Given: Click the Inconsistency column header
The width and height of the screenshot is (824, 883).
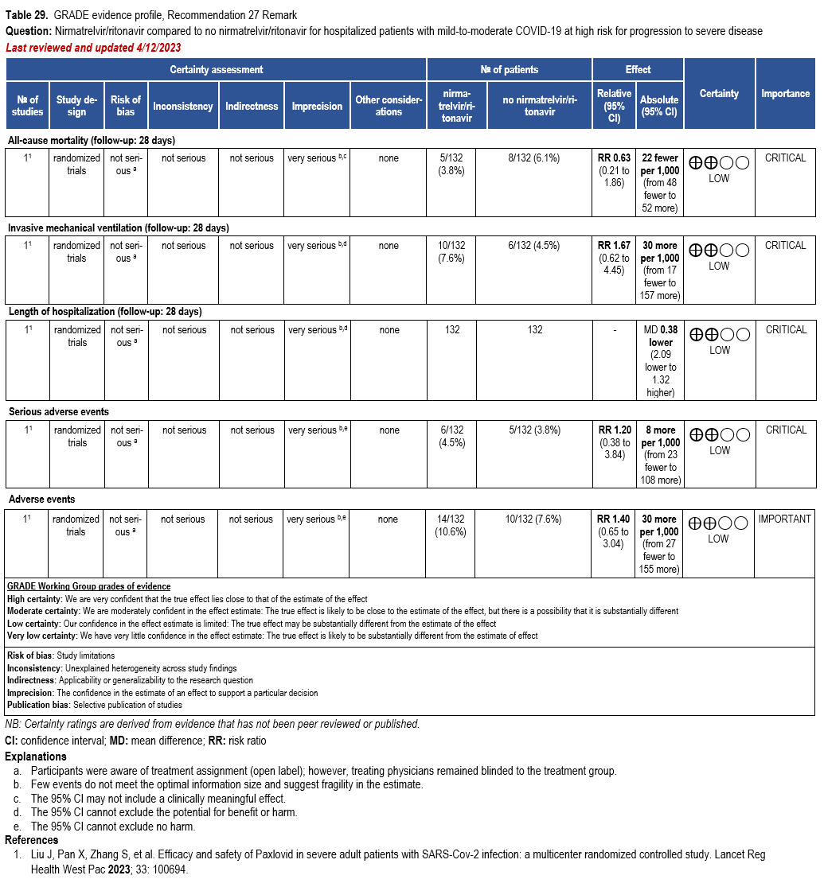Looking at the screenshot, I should pyautogui.click(x=183, y=106).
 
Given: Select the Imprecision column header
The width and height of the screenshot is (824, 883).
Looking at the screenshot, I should pyautogui.click(x=317, y=106).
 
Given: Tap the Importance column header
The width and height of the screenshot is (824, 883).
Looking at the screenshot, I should pyautogui.click(x=785, y=94).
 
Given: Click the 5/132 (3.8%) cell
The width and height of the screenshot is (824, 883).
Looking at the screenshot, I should pyautogui.click(x=452, y=164).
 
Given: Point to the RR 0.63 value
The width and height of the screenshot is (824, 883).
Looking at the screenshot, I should pyautogui.click(x=615, y=158).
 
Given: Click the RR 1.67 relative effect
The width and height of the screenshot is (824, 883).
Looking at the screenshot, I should pyautogui.click(x=615, y=245).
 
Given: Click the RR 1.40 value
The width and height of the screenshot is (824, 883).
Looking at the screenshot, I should pyautogui.click(x=615, y=519).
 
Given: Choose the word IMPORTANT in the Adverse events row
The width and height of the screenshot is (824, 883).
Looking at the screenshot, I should pyautogui.click(x=784, y=519).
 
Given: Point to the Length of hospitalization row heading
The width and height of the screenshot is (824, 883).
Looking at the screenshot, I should pyautogui.click(x=104, y=312).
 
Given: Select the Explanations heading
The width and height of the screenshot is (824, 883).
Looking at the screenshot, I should pyautogui.click(x=36, y=757).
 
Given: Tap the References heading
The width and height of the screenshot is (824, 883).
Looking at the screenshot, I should pyautogui.click(x=32, y=840).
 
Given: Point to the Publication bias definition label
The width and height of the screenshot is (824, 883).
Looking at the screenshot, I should pyautogui.click(x=38, y=705).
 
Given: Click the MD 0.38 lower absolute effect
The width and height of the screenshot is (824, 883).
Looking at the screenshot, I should pyautogui.click(x=660, y=336).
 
